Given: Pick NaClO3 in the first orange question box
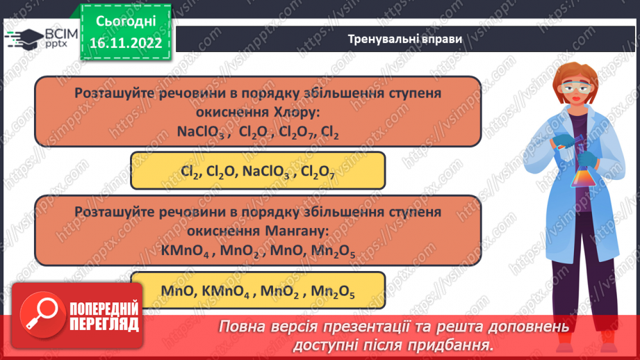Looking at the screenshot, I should (201, 131).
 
